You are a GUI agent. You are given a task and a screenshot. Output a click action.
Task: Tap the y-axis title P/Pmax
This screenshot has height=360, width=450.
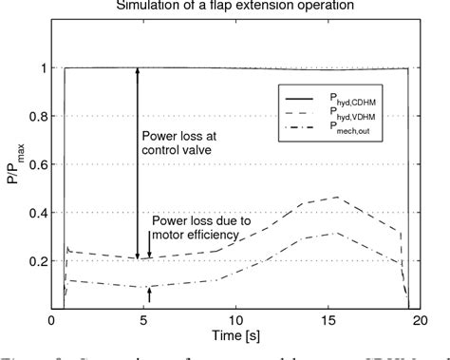click(12, 164)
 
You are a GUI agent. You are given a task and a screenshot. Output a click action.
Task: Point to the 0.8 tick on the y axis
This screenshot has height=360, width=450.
click(36, 117)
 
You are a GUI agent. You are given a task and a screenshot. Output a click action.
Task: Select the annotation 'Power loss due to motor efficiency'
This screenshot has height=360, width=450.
click(201, 228)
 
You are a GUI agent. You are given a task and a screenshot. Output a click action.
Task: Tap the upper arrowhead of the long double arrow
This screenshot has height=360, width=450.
click(139, 70)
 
